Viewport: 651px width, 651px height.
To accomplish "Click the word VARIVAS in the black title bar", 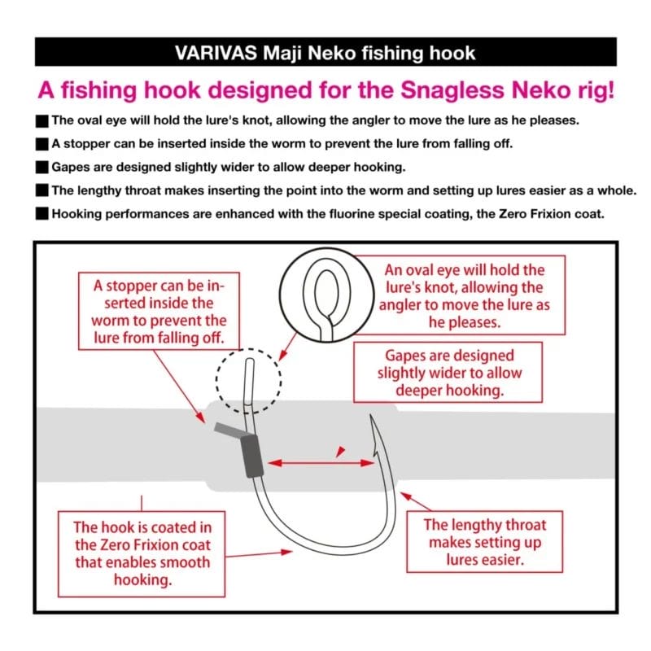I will point(213,54).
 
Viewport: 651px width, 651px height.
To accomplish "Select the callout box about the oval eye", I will point(465,299).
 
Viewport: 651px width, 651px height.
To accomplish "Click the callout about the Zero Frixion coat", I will point(142,553).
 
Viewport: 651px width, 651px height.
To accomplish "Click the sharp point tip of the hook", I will point(371,417).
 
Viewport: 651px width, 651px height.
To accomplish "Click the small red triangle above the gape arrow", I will point(341,449).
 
